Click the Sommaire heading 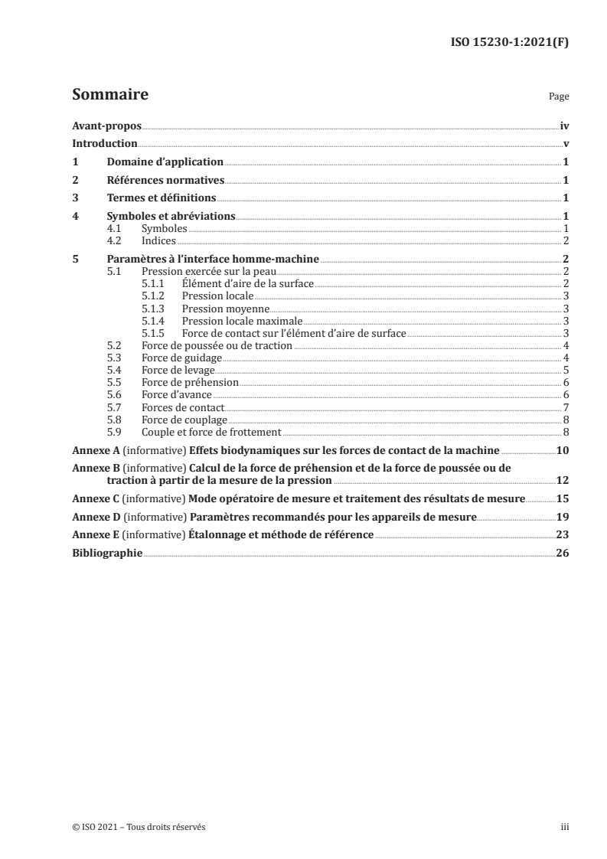tap(109, 96)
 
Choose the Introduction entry tap(104, 144)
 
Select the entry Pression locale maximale tap(242, 321)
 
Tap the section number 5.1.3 tap(154, 309)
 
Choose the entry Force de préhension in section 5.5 tap(191, 382)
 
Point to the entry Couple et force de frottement tap(211, 431)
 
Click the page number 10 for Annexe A tap(563, 449)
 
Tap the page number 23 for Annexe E tap(563, 535)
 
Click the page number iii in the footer tap(566, 827)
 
